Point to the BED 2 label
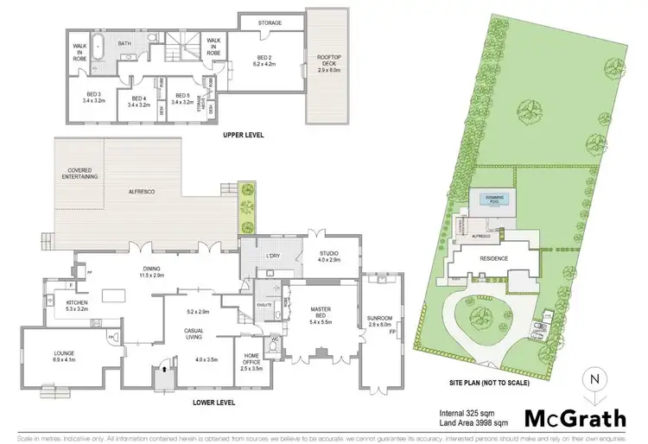pyautogui.click(x=264, y=60)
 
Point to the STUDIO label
pyautogui.click(x=328, y=256)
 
